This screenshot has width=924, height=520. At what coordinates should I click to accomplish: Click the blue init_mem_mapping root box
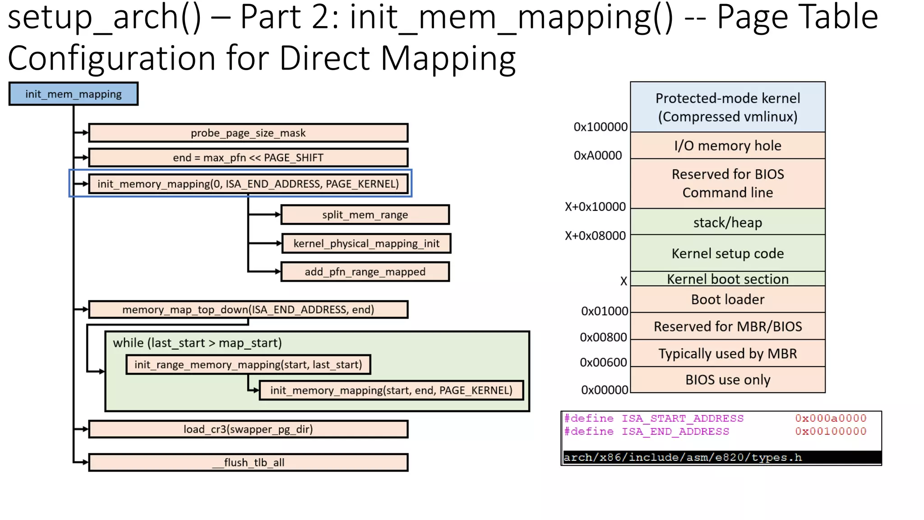point(73,94)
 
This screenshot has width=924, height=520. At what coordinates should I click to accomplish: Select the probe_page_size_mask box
point(248,133)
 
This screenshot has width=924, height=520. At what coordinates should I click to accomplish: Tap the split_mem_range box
point(365,215)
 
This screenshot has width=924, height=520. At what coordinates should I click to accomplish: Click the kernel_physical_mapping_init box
point(366,244)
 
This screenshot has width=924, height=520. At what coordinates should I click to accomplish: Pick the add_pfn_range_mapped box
point(365,272)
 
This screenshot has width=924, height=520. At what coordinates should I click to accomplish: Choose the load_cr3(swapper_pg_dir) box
point(248,429)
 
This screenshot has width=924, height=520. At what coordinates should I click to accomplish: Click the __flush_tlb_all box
point(248,463)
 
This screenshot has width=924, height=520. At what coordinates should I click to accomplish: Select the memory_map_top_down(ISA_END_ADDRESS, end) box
point(248,310)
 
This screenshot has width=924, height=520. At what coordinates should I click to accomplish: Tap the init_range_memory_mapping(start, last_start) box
point(248,365)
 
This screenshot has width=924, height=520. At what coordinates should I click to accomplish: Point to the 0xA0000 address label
point(597,156)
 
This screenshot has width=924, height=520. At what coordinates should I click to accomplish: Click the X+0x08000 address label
point(595,236)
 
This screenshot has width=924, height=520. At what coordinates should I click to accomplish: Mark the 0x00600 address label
point(603,362)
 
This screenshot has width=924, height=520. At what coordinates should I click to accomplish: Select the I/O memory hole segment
point(727,146)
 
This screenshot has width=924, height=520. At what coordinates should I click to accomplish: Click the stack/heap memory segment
point(727,223)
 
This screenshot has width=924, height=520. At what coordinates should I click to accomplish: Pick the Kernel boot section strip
point(727,279)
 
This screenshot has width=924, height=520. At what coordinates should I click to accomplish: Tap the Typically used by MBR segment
point(727,353)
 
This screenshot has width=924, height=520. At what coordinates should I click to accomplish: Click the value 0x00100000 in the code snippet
point(830,432)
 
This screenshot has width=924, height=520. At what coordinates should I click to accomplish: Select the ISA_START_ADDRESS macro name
point(682,418)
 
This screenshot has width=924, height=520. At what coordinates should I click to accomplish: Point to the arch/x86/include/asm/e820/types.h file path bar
point(721,457)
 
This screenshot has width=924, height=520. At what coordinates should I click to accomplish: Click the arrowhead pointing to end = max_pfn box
point(85,158)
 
